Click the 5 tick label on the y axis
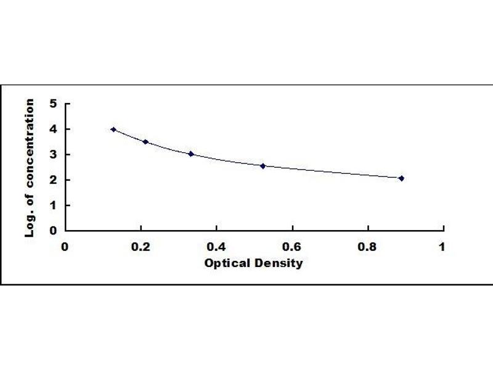[54, 104]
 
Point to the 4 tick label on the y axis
[54, 129]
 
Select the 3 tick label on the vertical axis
[54, 154]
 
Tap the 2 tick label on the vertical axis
[54, 179]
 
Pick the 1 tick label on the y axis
[54, 205]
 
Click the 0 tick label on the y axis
[54, 230]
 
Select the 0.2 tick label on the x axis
[140, 247]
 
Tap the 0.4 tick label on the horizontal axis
[216, 247]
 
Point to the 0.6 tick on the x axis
[291, 247]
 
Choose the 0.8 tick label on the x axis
[367, 247]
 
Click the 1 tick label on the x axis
[441, 247]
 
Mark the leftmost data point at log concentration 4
[113, 129]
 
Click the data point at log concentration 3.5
[145, 142]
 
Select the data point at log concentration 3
[191, 154]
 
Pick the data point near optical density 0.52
[263, 166]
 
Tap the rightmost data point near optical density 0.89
[401, 178]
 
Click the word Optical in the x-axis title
[226, 263]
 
